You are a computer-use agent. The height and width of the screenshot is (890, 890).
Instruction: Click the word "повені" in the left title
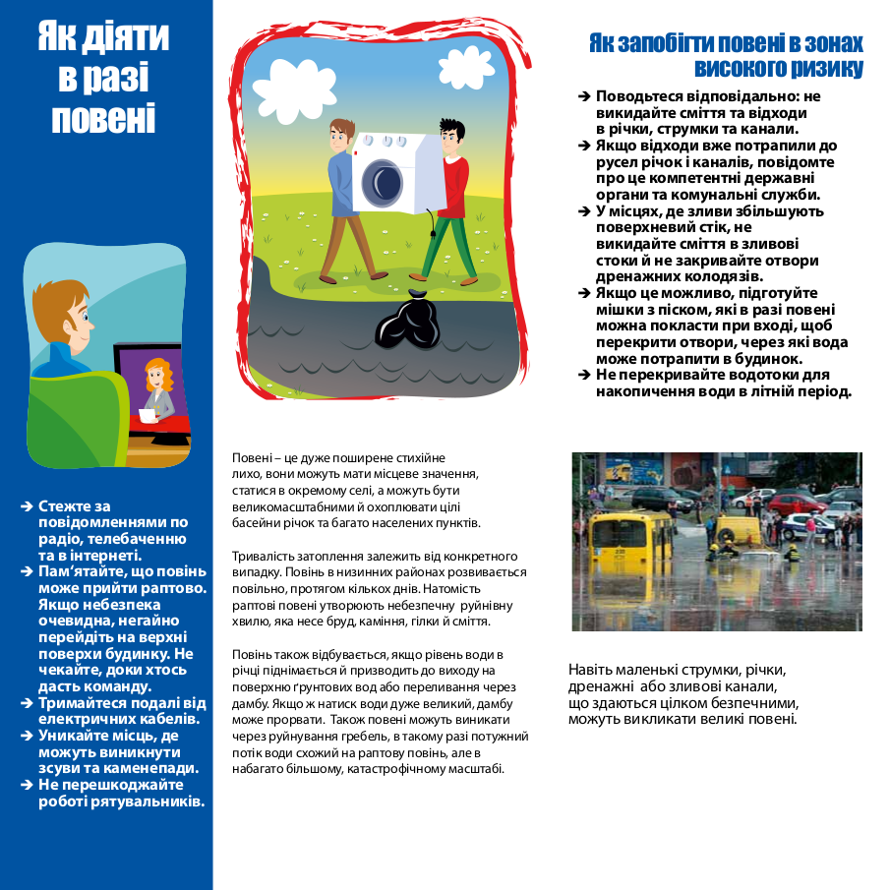[103, 117]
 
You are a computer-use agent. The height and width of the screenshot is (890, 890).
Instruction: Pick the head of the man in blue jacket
[340, 135]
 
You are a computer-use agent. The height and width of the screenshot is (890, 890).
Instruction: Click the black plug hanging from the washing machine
[430, 236]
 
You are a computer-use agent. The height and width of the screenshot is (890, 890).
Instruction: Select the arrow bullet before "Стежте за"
[28, 506]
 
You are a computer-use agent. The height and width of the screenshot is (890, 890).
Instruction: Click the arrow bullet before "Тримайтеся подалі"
[28, 703]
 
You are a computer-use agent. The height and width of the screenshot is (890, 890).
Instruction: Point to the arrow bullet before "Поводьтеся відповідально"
[584, 96]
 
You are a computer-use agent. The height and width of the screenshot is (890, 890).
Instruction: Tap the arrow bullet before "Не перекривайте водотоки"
[584, 375]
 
